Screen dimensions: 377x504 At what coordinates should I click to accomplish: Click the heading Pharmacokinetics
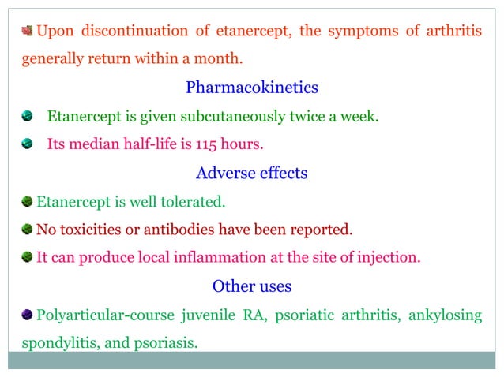pos(252,88)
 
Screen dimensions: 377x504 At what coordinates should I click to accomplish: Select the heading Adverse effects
pos(252,173)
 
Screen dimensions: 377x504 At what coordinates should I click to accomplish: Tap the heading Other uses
pos(252,285)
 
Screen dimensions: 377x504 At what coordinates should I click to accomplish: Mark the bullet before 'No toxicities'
pos(28,230)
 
